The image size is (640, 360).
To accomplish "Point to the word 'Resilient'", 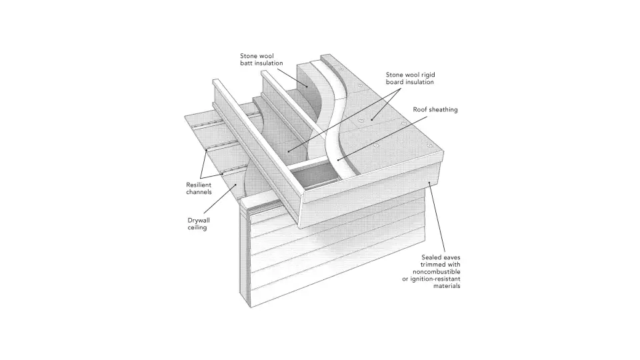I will click(x=199, y=184).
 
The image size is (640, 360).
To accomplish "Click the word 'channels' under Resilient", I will click(x=199, y=192).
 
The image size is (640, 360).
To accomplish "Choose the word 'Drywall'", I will click(x=199, y=219).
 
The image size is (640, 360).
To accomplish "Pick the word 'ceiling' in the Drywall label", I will click(x=197, y=227).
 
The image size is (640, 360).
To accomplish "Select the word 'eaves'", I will click(x=452, y=257).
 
